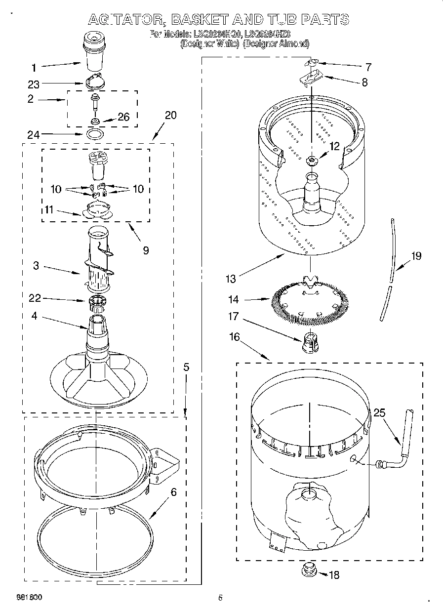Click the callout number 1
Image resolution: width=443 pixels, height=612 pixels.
(34, 68)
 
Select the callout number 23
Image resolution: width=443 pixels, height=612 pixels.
(34, 84)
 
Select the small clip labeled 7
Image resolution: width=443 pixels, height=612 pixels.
(311, 63)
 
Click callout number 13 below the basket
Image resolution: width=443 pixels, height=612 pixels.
(231, 279)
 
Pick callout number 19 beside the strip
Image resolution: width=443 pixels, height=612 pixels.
(416, 256)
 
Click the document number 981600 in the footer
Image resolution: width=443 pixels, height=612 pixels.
(29, 597)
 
